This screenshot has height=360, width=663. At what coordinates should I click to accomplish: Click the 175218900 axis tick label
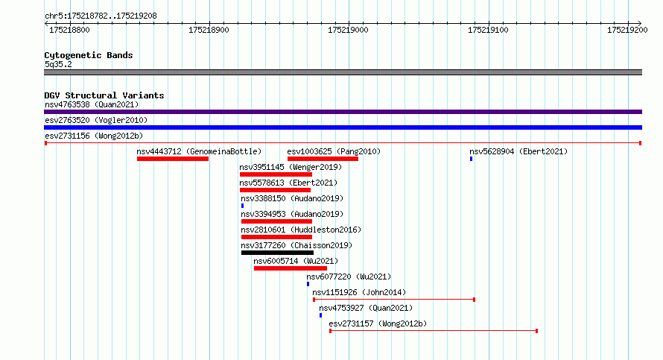(x=209, y=30)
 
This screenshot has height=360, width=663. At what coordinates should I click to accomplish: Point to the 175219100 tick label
(x=488, y=30)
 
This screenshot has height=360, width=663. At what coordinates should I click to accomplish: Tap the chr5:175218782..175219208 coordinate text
(x=101, y=16)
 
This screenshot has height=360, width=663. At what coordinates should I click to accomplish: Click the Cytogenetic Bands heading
(x=89, y=55)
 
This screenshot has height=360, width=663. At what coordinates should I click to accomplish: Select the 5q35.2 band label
(x=58, y=64)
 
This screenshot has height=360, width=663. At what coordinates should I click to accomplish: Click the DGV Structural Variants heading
(x=104, y=95)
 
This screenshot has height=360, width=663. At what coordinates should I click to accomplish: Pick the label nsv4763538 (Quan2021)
(x=92, y=104)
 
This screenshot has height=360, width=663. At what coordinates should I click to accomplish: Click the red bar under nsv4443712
(x=173, y=159)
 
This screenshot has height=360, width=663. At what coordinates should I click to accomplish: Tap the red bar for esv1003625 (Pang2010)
(x=323, y=159)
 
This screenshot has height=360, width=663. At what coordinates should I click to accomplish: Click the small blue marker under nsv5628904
(x=471, y=159)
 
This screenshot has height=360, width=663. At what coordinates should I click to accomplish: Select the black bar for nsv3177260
(x=277, y=253)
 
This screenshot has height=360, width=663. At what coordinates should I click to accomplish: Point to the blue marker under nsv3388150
(x=242, y=206)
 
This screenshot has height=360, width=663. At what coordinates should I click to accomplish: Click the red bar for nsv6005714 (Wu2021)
(x=291, y=268)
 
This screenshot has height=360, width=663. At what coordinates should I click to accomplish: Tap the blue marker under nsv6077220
(x=308, y=284)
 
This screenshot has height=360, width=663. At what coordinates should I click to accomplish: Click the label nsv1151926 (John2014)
(x=359, y=292)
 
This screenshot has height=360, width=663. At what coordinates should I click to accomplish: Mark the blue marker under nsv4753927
(x=320, y=315)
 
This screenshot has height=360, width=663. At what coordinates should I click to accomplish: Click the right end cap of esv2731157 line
(x=536, y=331)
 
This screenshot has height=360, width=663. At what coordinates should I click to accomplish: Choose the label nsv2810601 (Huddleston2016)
(x=301, y=230)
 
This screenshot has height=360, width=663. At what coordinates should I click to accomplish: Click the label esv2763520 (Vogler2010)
(x=96, y=120)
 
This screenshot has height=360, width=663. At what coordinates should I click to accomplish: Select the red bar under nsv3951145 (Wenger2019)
(x=276, y=174)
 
